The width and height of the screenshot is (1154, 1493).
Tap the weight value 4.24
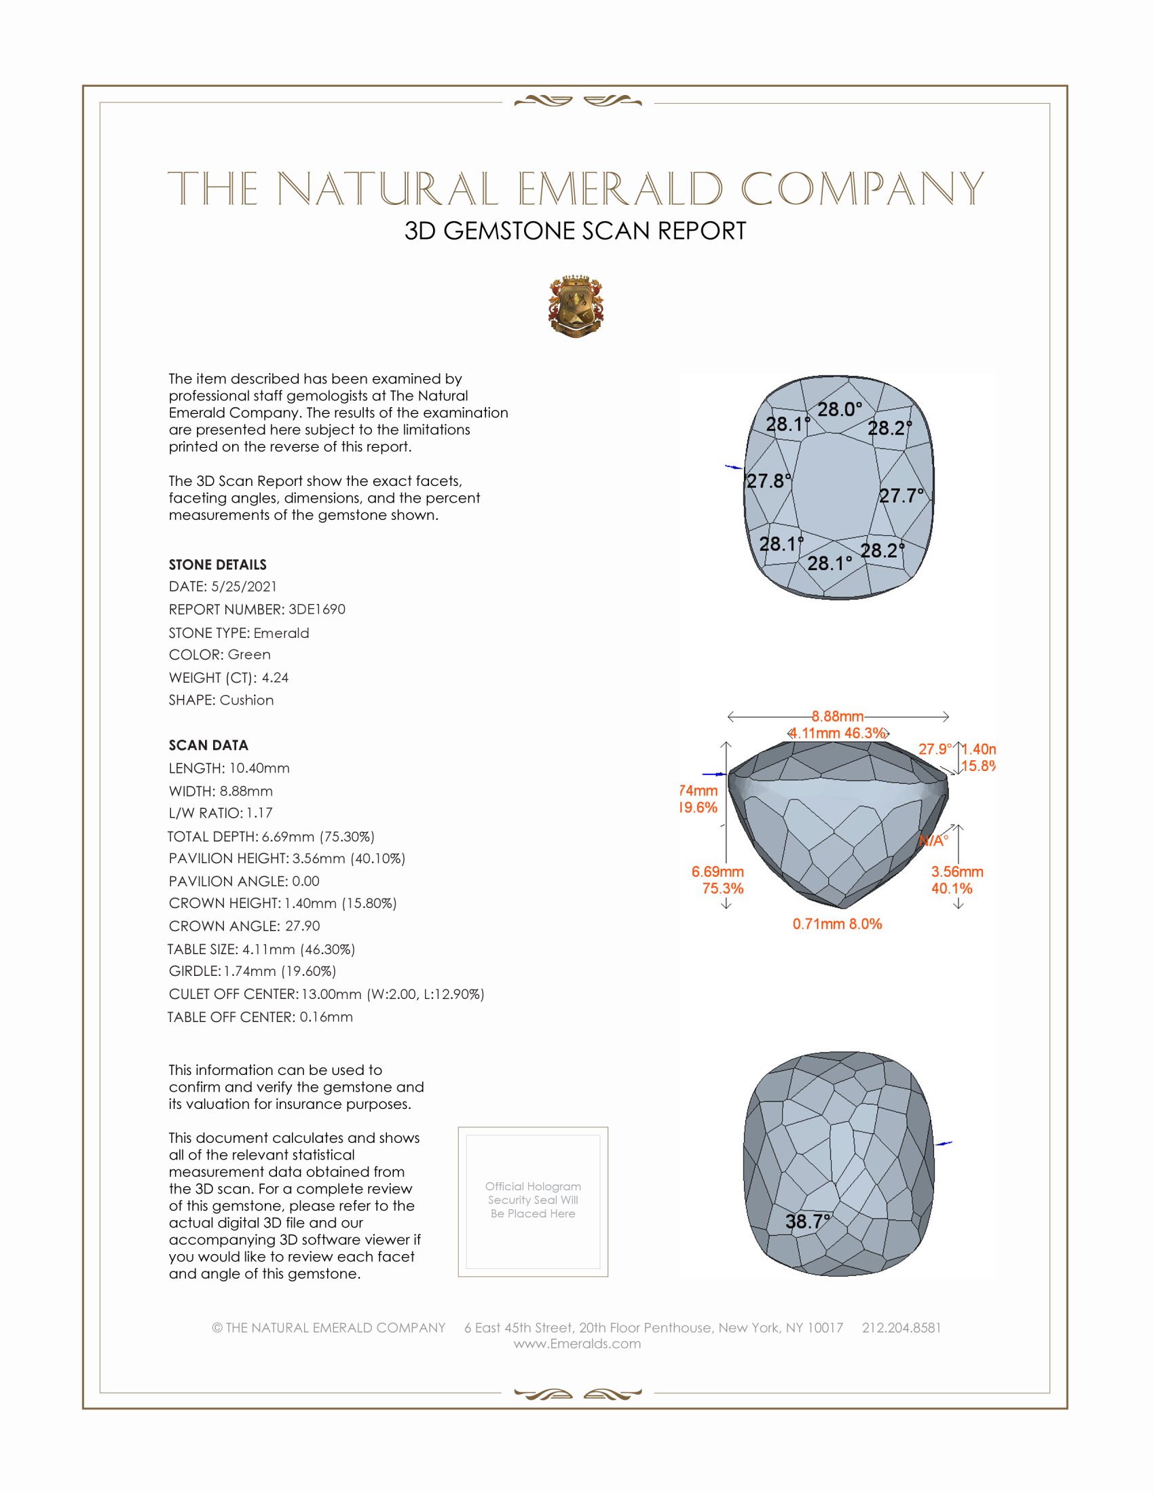[x=275, y=677]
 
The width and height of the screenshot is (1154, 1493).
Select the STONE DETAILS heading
[x=217, y=565]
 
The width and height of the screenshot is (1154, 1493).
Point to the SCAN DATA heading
[x=208, y=745]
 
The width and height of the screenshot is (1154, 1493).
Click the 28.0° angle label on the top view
[x=840, y=409]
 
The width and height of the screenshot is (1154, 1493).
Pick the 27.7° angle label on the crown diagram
[x=901, y=495]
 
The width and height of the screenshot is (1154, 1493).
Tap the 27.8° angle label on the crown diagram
[x=769, y=481]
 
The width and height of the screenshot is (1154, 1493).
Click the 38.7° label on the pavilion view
[x=808, y=1222]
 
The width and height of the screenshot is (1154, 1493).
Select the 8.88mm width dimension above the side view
[x=838, y=717]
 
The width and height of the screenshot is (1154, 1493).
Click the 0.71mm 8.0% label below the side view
[x=837, y=924]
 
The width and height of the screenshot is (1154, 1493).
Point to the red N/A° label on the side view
[x=933, y=841]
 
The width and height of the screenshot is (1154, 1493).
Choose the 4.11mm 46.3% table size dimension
[x=838, y=734]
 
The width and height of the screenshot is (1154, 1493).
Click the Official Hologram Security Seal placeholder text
[x=533, y=1200]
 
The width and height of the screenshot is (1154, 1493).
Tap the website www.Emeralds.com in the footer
[x=577, y=1344]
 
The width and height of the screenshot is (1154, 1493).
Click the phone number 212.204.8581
[x=901, y=1327]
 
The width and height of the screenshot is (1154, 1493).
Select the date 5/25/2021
[x=244, y=586]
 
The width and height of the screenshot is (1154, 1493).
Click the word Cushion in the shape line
[x=247, y=700]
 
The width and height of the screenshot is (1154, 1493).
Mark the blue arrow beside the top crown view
[x=734, y=467]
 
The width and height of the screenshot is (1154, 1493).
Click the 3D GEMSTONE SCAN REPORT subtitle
[x=575, y=231]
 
